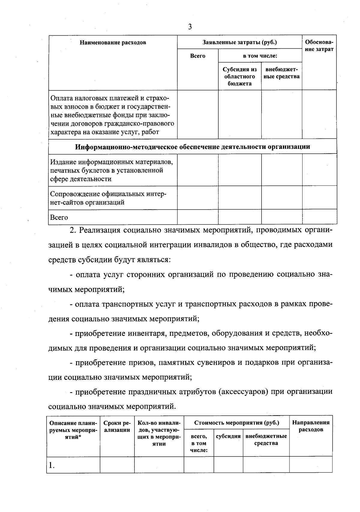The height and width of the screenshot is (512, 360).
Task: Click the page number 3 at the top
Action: [190, 27]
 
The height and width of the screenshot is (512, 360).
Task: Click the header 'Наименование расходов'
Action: [113, 43]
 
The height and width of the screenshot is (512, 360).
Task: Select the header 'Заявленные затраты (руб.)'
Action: [239, 42]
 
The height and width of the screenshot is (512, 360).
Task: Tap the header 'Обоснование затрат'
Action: [319, 46]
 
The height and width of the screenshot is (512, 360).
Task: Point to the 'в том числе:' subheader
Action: [260, 56]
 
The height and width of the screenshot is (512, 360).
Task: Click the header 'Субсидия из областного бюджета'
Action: [239, 76]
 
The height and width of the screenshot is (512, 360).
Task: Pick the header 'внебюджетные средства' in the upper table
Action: [281, 73]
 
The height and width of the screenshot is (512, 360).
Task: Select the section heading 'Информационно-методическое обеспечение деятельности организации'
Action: [192, 147]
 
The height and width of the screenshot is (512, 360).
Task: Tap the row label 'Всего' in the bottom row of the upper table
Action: [59, 217]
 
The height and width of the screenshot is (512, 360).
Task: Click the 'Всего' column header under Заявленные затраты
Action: [198, 56]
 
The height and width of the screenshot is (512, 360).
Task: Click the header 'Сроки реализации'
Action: [117, 426]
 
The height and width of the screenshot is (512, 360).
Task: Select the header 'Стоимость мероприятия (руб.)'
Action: [236, 423]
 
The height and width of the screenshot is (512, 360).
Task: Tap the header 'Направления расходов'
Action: [311, 426]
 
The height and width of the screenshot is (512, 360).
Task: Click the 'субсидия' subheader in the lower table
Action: [228, 436]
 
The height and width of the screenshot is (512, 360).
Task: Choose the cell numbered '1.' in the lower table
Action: [52, 465]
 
